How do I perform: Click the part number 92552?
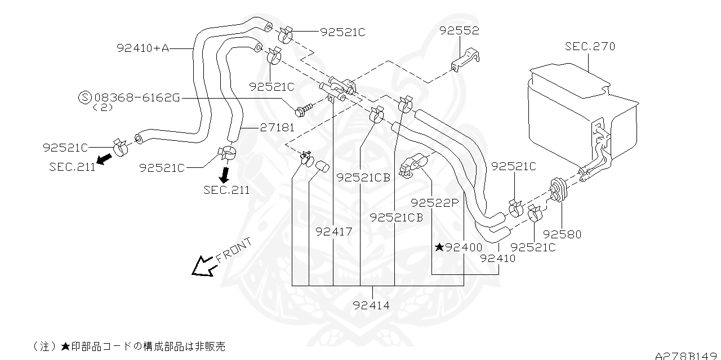pyautogui.click(x=460, y=32)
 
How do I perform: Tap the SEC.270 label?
pyautogui.click(x=590, y=46)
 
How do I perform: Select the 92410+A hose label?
pyautogui.click(x=143, y=48)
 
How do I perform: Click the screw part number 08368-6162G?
pyautogui.click(x=137, y=97)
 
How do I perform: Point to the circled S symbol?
pyautogui.click(x=84, y=97)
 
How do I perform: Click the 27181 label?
pyautogui.click(x=277, y=128)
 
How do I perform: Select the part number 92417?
pyautogui.click(x=333, y=232)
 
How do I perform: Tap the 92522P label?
pyautogui.click(x=435, y=203)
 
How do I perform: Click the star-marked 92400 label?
pyautogui.click(x=459, y=247)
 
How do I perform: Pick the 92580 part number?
pyautogui.click(x=562, y=234)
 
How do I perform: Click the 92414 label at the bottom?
pyautogui.click(x=372, y=305)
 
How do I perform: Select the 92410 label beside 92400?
pyautogui.click(x=497, y=259)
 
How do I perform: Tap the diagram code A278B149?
pyautogui.click(x=687, y=355)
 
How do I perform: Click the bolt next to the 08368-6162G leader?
pyautogui.click(x=304, y=109)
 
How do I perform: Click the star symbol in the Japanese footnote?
pyautogui.click(x=65, y=345)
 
